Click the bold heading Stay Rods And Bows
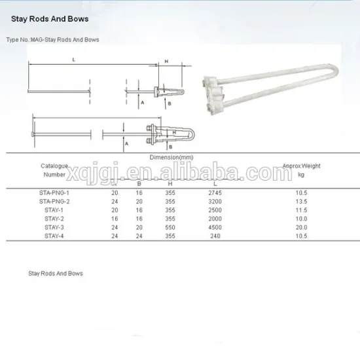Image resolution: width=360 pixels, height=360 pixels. [49, 19]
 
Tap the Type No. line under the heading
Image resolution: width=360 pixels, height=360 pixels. [52, 40]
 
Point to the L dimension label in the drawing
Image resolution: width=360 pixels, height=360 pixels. [74, 59]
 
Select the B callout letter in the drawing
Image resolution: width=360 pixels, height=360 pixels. [170, 103]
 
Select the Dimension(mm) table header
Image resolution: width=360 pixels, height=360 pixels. [171, 158]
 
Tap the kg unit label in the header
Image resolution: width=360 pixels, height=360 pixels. [301, 175]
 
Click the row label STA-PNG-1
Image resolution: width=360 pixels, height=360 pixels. [54, 193]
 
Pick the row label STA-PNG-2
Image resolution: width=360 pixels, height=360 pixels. [54, 202]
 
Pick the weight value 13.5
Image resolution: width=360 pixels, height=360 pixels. [301, 202]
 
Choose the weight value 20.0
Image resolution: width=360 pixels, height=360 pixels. [301, 226]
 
